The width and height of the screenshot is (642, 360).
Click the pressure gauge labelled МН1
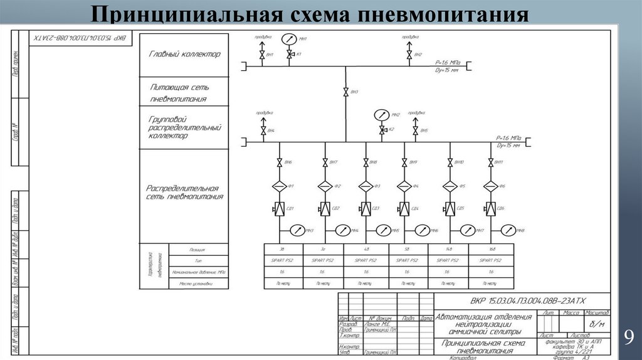click(289, 40)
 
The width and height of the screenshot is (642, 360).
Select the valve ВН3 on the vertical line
click(345, 93)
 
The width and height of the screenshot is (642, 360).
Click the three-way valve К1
click(289, 56)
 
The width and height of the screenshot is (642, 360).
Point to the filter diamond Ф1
click(280, 186)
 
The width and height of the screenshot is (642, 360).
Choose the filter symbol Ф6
click(490, 186)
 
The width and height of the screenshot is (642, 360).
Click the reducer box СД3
click(366, 209)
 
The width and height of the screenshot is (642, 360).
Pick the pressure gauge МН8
click(508, 230)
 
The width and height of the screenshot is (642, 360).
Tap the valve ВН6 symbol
click(280, 163)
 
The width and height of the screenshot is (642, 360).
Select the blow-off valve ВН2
click(409, 56)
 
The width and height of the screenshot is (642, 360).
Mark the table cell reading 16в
click(491, 248)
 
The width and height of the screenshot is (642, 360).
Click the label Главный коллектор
click(184, 55)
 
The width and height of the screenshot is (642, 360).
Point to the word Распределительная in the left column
click(182, 188)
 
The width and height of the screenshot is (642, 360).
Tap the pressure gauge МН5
click(382, 230)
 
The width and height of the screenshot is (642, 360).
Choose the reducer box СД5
click(450, 209)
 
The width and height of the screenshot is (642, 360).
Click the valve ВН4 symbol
click(262, 130)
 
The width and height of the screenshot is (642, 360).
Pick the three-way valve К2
click(382, 130)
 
